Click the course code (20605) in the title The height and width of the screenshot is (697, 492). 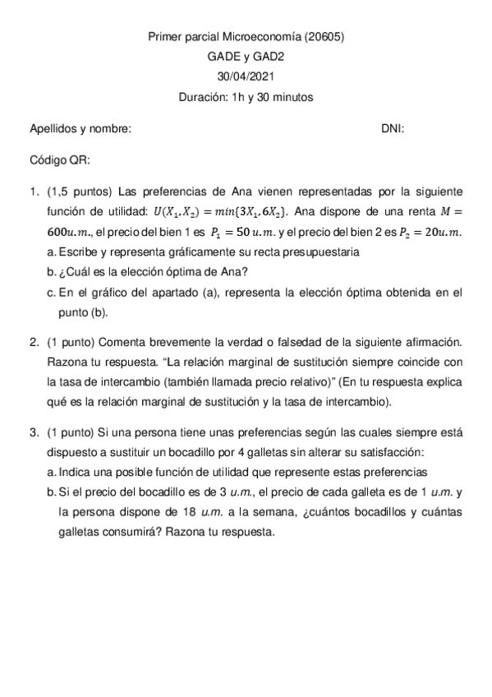324,36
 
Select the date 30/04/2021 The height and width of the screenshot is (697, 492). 246,76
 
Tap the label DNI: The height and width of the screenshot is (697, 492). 393,129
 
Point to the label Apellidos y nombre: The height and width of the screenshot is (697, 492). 80,129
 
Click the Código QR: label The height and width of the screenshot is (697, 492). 60,159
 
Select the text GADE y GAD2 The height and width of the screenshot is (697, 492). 246,57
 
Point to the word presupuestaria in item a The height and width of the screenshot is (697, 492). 323,252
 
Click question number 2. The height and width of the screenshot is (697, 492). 34,341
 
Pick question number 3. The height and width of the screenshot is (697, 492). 34,432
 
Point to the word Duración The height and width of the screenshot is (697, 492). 204,97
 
